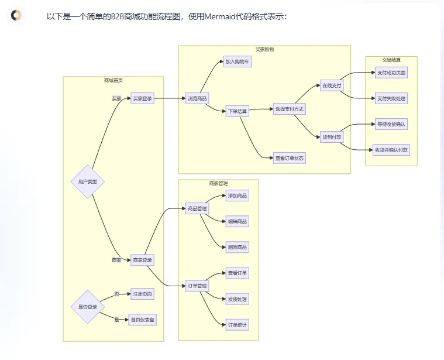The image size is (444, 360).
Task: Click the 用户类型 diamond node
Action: click(87, 181)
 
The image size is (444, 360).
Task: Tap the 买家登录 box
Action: click(142, 98)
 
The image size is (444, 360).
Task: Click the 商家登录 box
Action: click(143, 260)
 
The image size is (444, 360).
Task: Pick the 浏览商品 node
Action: click(197, 98)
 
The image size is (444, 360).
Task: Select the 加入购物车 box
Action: click(238, 61)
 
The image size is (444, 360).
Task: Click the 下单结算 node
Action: click(238, 111)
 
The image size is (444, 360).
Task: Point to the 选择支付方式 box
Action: click(290, 109)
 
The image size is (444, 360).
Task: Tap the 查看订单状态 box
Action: click(290, 158)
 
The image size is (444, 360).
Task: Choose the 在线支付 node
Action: click(332, 85)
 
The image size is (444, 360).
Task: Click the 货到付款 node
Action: click(332, 136)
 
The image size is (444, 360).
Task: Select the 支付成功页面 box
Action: click(391, 73)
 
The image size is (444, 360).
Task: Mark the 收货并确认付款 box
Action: click(391, 150)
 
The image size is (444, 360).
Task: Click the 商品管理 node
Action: click(197, 208)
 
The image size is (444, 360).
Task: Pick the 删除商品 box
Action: click(238, 247)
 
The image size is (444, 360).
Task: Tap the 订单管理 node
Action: click(197, 286)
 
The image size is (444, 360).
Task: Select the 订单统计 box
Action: click(238, 324)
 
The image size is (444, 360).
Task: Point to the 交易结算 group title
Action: click(391, 59)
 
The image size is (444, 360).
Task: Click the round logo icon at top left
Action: click(16, 16)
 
